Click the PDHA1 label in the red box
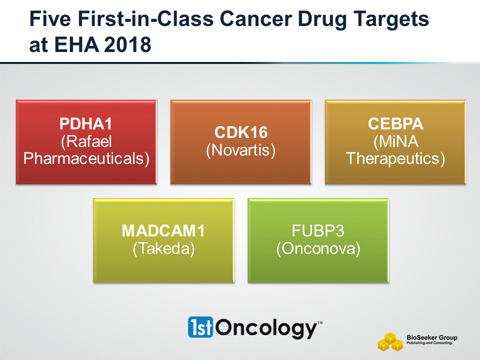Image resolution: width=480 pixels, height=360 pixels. [85, 123]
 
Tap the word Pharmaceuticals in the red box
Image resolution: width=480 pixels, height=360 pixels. [86, 158]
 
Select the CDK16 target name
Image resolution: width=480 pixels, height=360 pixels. [241, 132]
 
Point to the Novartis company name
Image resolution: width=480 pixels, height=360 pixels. [241, 150]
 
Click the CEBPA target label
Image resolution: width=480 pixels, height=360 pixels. [395, 123]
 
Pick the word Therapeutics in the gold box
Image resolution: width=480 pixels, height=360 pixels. [395, 158]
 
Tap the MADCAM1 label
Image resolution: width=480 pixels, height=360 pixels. [163, 231]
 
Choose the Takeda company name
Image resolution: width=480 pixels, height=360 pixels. [164, 248]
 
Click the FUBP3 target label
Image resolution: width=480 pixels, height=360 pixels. [318, 231]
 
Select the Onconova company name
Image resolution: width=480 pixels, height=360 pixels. [318, 248]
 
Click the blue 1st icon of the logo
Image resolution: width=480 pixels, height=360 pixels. [200, 327]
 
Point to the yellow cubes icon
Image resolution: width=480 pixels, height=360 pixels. [390, 341]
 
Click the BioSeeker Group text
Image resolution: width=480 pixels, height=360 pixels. [432, 337]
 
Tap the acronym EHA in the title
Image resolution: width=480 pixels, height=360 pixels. [76, 44]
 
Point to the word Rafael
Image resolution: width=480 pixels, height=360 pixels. [86, 141]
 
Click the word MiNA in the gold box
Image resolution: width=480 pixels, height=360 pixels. [396, 141]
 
